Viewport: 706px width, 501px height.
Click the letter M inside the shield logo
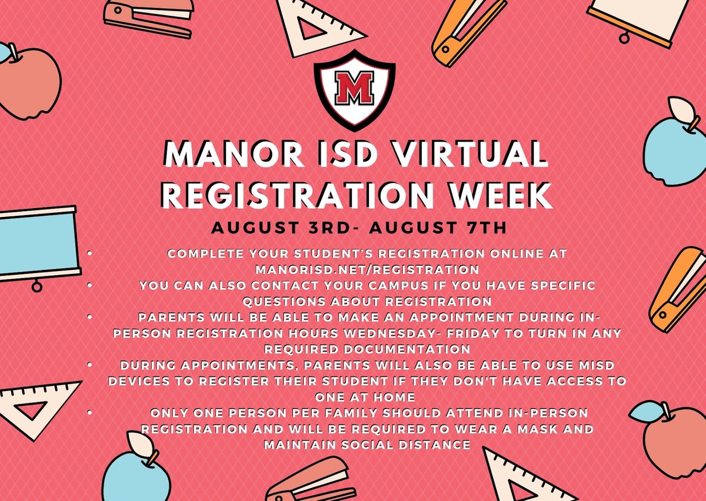click(354, 88)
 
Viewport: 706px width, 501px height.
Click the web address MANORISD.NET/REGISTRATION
click(368, 269)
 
